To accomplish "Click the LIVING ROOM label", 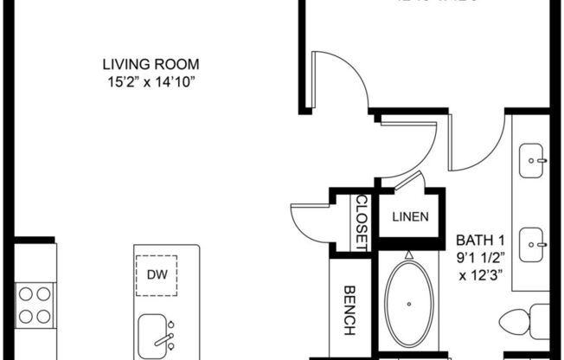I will coord(151,64).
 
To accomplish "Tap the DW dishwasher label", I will coord(157,276).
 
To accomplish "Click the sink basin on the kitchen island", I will coord(156,332).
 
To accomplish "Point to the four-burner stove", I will coord(35,304).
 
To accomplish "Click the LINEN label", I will coord(407,216).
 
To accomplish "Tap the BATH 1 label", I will coord(480,239).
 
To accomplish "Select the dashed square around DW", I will coord(157,276).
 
